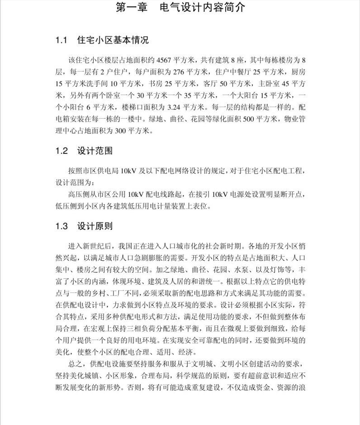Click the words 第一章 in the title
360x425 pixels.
click(x=132, y=8)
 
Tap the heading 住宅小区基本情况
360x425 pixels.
click(x=113, y=40)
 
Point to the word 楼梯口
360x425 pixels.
click(x=135, y=108)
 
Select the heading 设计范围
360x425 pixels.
click(x=95, y=151)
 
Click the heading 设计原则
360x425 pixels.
click(x=95, y=225)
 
